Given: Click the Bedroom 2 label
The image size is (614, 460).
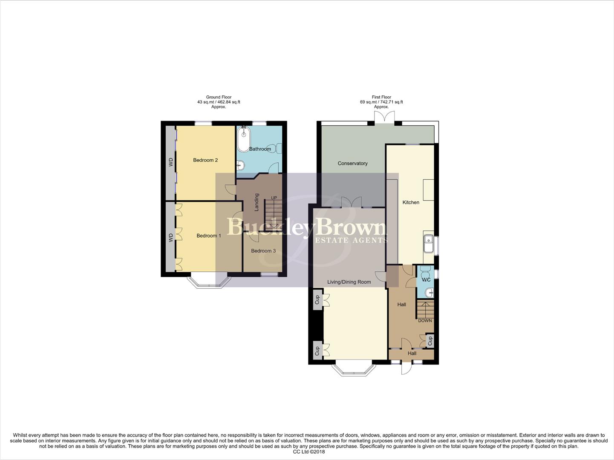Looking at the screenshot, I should [205, 160].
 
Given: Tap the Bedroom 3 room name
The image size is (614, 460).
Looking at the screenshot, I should [263, 251].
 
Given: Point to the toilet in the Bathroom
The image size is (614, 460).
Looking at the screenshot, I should [279, 148].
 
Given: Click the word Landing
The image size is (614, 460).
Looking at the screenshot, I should [257, 202].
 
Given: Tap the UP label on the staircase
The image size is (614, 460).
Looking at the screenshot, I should [274, 198].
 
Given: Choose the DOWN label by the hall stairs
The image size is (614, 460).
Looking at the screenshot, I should [425, 321].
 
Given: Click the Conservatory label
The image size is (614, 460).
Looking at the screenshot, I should [352, 164].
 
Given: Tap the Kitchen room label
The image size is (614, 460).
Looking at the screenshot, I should [411, 202].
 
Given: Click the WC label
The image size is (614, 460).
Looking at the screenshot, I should [426, 280].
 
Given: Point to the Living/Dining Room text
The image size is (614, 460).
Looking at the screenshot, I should [349, 282].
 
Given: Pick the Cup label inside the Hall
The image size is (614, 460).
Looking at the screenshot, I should [430, 341].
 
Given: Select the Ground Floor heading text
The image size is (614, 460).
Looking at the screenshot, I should [219, 97].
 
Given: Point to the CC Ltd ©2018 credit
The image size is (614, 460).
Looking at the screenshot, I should [309, 452].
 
